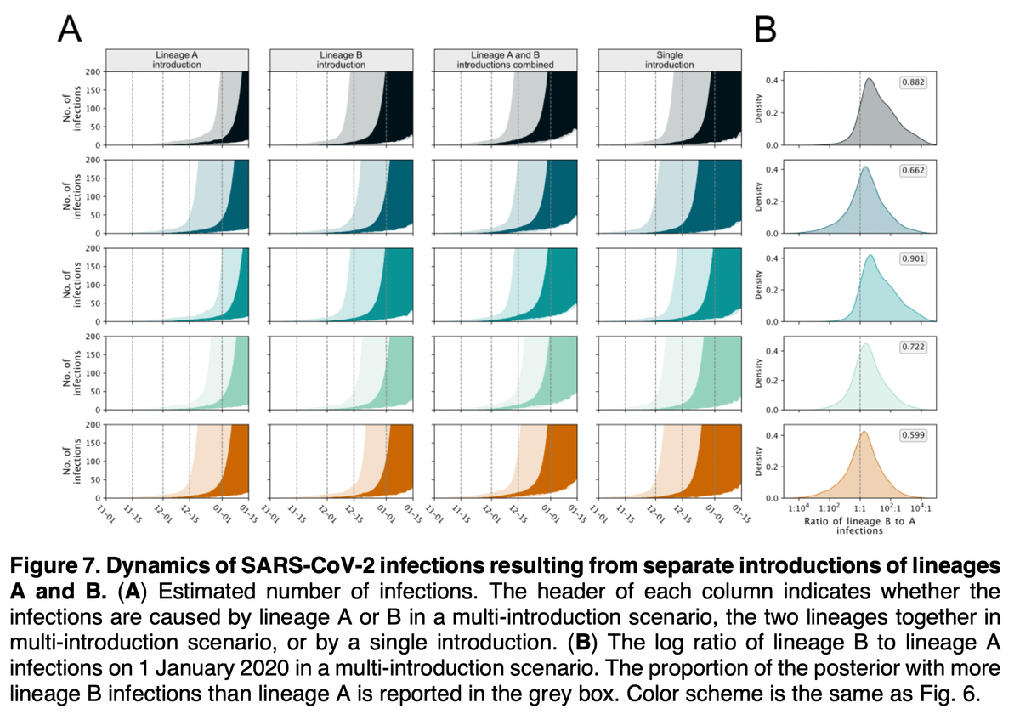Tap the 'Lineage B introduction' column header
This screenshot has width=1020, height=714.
[342, 59]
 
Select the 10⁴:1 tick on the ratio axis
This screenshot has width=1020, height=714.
[921, 509]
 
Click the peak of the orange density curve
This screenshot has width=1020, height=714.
[864, 433]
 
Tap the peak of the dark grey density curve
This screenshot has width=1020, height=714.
[870, 80]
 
